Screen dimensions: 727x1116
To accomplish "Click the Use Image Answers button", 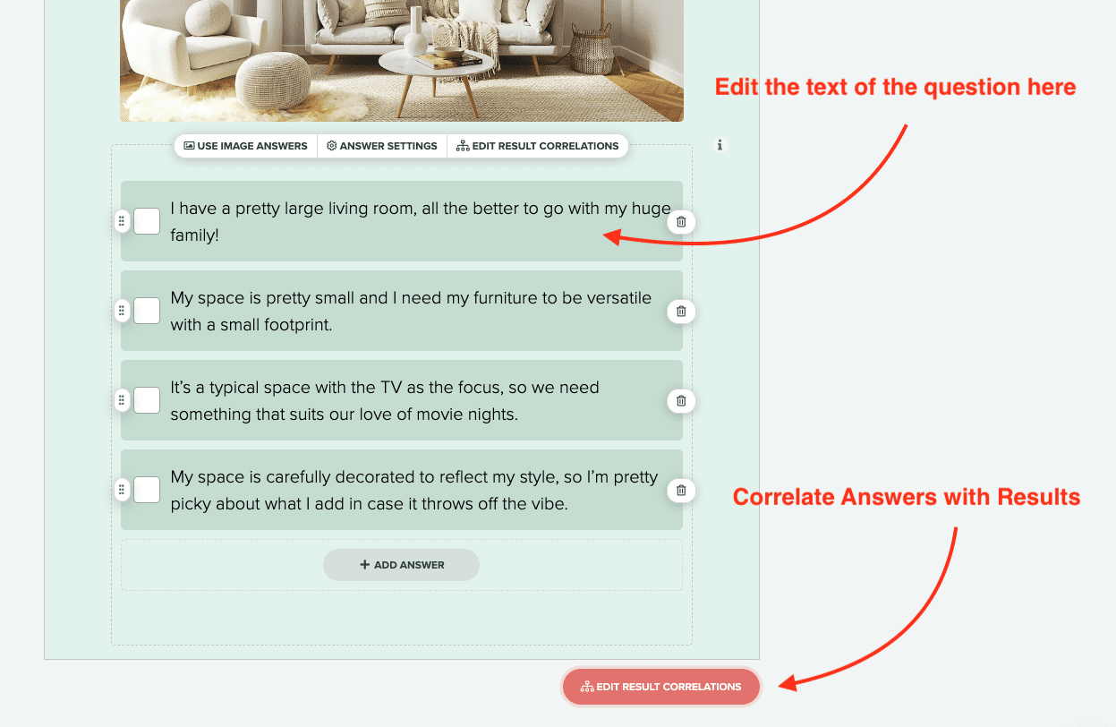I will (x=246, y=146).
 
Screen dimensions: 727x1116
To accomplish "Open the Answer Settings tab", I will (x=382, y=146).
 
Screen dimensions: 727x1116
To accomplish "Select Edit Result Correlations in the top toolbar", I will (x=538, y=146).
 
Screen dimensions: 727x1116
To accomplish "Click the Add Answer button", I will (x=401, y=565).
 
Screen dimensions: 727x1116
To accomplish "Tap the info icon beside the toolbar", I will (x=720, y=145).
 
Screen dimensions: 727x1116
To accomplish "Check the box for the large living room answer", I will (x=147, y=221).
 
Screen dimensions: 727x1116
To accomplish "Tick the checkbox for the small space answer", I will (x=147, y=311).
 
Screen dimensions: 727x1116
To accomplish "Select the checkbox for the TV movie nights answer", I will (x=147, y=400).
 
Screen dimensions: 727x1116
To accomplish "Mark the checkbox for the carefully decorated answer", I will (x=147, y=490).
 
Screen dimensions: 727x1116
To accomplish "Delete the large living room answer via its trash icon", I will (x=681, y=221).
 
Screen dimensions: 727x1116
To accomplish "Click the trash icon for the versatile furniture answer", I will (x=681, y=311).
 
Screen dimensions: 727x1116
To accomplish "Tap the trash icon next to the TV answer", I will (x=681, y=400).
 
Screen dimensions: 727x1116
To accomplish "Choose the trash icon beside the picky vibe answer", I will (x=681, y=490).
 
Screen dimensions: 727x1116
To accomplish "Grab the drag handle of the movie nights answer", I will (x=122, y=400).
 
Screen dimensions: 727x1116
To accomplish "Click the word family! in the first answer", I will (x=194, y=235).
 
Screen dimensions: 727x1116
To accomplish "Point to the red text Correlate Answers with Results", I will (x=906, y=497).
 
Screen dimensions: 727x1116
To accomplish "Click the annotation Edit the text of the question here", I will (x=894, y=87).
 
